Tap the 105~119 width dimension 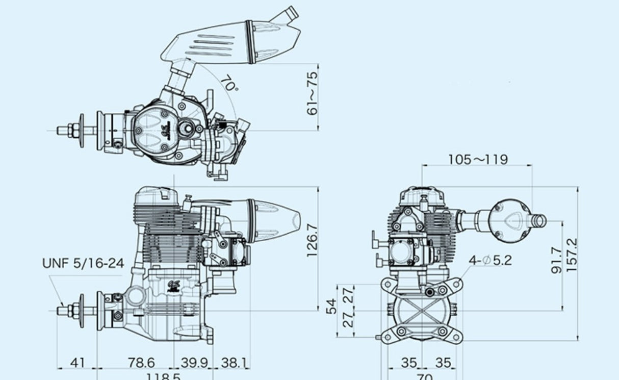pyautogui.click(x=478, y=160)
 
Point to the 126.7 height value pyautogui.click(x=312, y=241)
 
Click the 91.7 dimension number pyautogui.click(x=557, y=260)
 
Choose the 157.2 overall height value pyautogui.click(x=572, y=255)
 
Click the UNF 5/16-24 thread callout pyautogui.click(x=83, y=264)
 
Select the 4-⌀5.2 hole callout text pyautogui.click(x=490, y=261)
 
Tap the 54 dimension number pyautogui.click(x=332, y=307)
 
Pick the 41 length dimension pyautogui.click(x=77, y=363)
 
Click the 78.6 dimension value pyautogui.click(x=141, y=363)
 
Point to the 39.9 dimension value pyautogui.click(x=194, y=363)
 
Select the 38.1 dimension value pyautogui.click(x=234, y=363)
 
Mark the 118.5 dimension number pyautogui.click(x=163, y=376)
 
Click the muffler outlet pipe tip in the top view pyautogui.click(x=290, y=12)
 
